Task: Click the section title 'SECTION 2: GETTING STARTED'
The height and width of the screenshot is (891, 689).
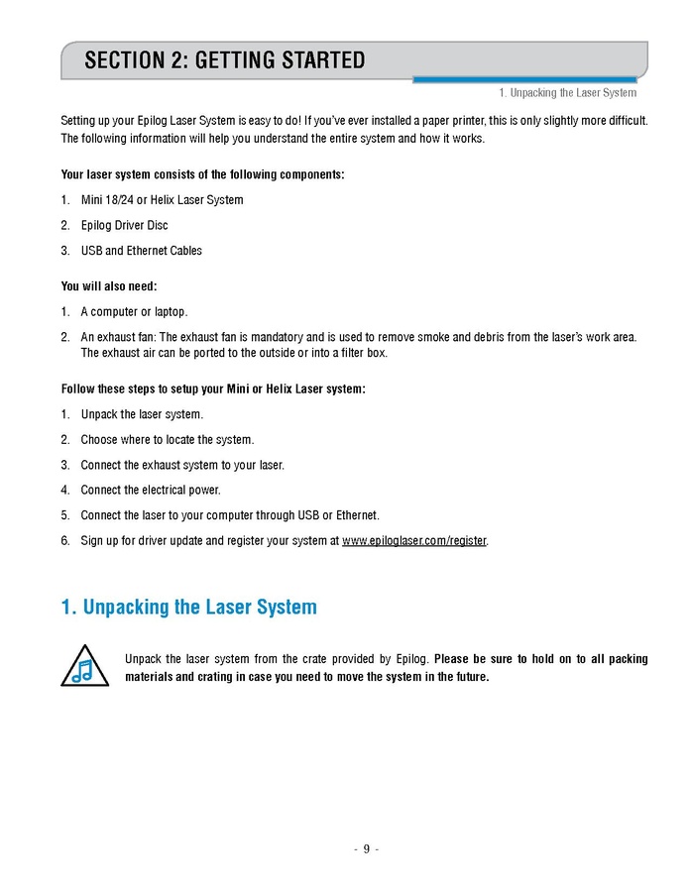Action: coord(224,60)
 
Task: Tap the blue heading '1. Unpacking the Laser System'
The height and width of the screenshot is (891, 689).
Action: coord(189,607)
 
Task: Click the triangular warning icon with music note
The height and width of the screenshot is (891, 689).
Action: coord(82,666)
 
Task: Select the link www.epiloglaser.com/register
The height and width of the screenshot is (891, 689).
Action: coord(414,541)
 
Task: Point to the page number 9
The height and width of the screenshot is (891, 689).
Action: coord(366,848)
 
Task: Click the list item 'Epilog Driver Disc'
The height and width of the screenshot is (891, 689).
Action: coord(124,225)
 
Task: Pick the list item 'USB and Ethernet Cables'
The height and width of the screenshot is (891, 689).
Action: coord(141,251)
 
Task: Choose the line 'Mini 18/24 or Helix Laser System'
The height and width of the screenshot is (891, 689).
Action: coord(162,200)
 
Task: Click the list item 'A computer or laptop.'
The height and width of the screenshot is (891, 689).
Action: coord(134,312)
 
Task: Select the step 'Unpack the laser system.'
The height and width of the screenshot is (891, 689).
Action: coord(142,414)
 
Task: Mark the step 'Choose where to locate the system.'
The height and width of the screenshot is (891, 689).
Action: coord(167,440)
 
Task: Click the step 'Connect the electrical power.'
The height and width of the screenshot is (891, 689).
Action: coord(151,491)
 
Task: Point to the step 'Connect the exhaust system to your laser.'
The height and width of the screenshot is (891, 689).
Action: coord(182,465)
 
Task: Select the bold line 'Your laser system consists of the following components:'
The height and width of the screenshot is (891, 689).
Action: coord(203,174)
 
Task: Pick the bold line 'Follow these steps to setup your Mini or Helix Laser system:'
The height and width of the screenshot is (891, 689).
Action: coord(213,389)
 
